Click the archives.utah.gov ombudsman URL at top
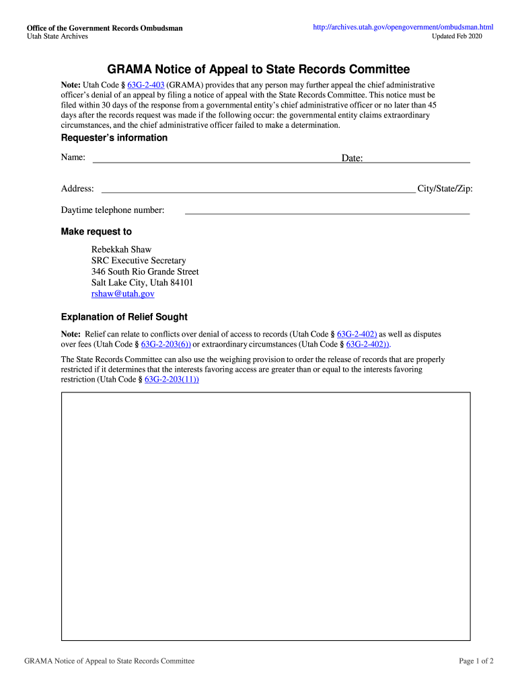pos(403,27)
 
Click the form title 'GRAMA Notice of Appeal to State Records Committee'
pos(259,69)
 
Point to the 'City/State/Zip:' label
pos(445,189)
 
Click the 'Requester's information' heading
pos(114,138)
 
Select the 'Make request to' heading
pos(96,232)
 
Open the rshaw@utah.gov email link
pos(123,294)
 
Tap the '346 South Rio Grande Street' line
pos(145,271)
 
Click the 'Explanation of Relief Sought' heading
pos(124,317)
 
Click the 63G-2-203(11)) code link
pos(172,379)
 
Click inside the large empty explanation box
pos(266,516)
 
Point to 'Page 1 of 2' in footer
pos(476,661)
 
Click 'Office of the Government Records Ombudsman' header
pos(104,28)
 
